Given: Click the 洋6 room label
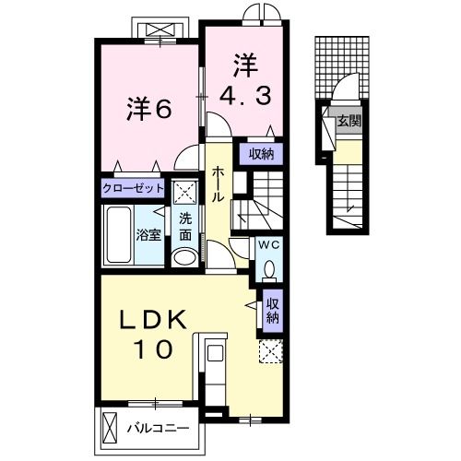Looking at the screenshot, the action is [x=148, y=109].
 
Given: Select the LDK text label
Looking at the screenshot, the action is [x=153, y=320].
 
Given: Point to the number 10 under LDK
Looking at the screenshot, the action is [x=153, y=349].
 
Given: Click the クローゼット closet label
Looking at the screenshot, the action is [x=133, y=188].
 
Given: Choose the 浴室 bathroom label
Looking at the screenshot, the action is [x=148, y=235].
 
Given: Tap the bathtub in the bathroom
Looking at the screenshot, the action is [x=118, y=235].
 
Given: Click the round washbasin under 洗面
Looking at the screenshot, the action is [x=184, y=256].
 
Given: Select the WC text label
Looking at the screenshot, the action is [x=269, y=245].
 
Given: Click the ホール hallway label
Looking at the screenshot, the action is [x=217, y=183].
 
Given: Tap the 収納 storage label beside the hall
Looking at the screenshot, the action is [x=261, y=154].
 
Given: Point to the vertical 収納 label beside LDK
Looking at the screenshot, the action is [x=273, y=311].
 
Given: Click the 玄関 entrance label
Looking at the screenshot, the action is [x=349, y=121].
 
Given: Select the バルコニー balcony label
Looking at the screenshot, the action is [x=159, y=428].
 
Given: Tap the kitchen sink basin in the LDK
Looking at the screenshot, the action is [x=215, y=352].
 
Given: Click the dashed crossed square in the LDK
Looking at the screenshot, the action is [x=271, y=351].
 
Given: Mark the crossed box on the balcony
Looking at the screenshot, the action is [x=110, y=428].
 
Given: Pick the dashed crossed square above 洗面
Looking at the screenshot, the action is [x=184, y=193].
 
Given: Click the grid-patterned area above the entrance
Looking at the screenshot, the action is [x=342, y=67].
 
